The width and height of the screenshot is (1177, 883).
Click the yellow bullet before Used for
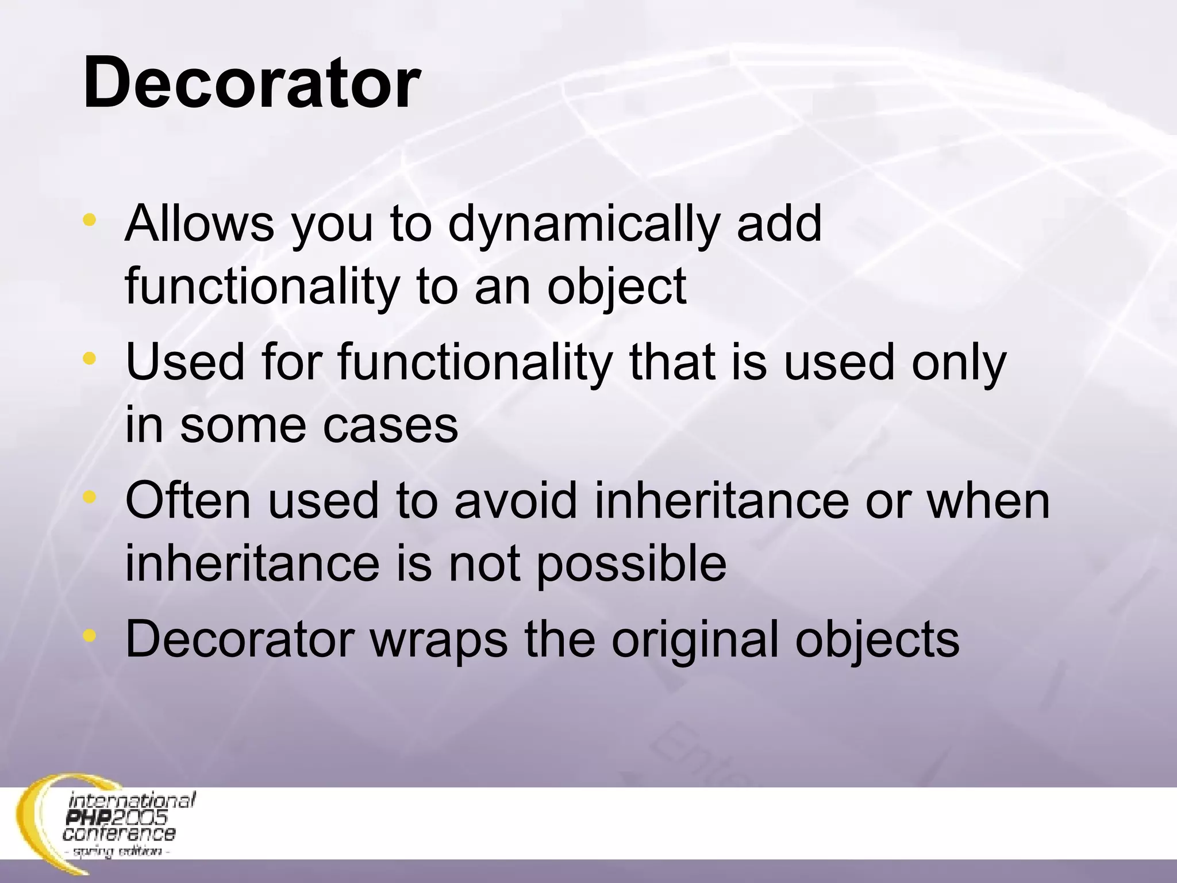coord(89,359)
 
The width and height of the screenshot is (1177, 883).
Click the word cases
coord(390,425)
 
